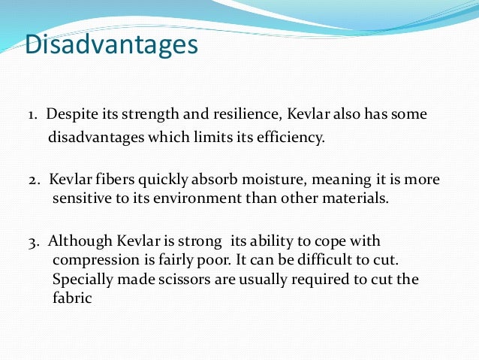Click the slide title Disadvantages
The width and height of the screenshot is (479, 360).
(111, 44)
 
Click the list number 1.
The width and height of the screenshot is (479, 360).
(33, 114)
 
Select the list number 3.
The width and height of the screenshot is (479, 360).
(34, 241)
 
